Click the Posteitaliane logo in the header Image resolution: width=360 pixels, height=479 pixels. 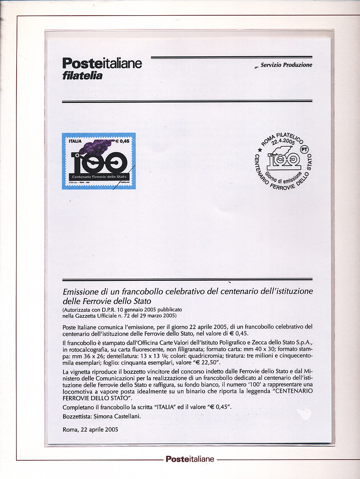point(102,64)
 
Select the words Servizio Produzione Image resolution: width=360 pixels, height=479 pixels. point(286,65)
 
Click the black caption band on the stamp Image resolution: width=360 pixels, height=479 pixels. point(98,175)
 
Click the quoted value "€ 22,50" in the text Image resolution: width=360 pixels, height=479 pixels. point(214,363)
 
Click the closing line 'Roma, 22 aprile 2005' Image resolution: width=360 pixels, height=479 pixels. point(90,429)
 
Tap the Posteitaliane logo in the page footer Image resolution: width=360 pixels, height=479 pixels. point(190,459)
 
